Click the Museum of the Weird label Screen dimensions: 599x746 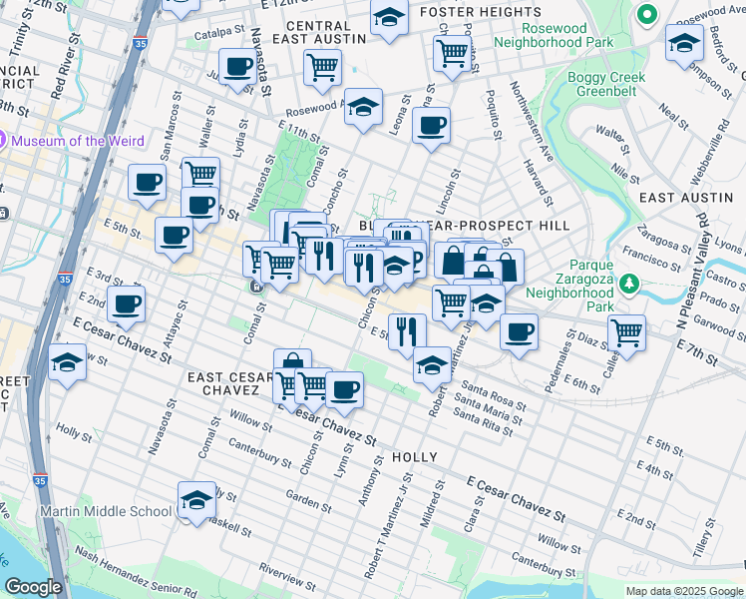pos(77,141)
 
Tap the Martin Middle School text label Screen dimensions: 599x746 pos(106,511)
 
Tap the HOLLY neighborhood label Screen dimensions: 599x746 pos(415,457)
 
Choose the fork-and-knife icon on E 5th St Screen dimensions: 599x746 pos(406,331)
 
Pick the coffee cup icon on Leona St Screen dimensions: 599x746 pos(431,127)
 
